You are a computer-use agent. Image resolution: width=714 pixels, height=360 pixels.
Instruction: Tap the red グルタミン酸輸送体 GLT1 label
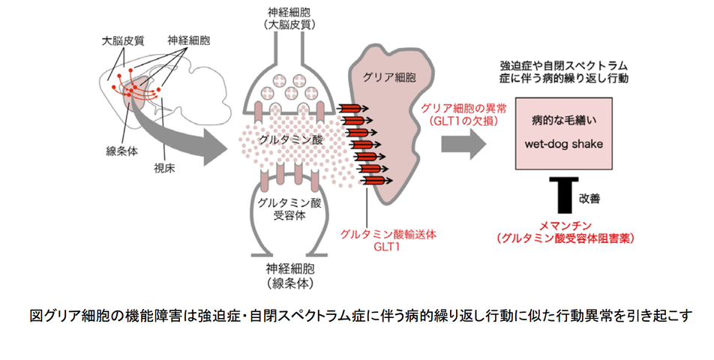pos(387,240)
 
